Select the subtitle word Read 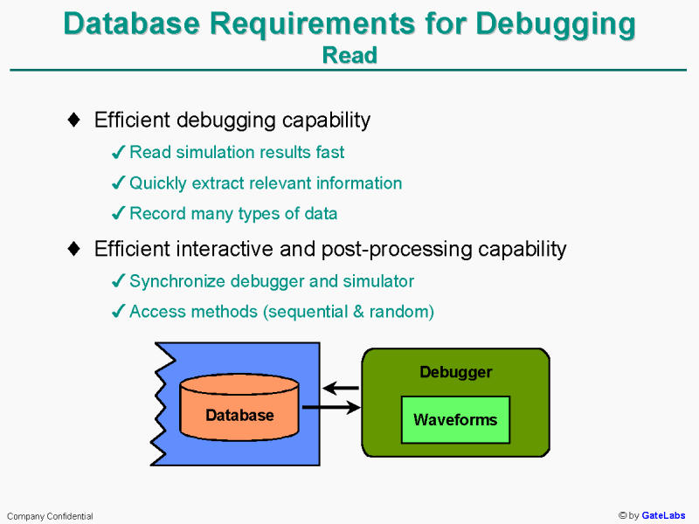click(x=349, y=55)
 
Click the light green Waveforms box click(x=455, y=420)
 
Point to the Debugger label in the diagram click(x=455, y=373)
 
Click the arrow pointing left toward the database click(x=341, y=389)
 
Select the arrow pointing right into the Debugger click(x=331, y=407)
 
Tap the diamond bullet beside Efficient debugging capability click(x=75, y=120)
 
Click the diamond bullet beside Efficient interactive click(x=75, y=249)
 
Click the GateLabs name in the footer click(x=664, y=516)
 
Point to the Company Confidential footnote click(x=50, y=516)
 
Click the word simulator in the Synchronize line click(x=381, y=281)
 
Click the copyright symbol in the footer click(x=623, y=516)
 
